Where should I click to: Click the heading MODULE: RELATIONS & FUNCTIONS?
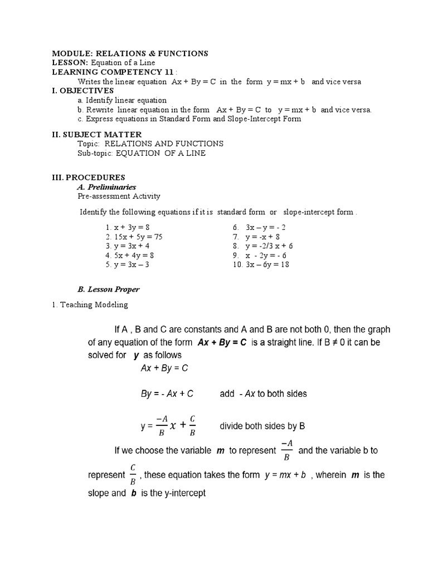pyautogui.click(x=130, y=53)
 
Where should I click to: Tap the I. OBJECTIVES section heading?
pyautogui.click(x=82, y=90)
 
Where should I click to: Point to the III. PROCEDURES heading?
pyautogui.click(x=88, y=178)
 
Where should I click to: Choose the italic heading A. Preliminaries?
pyautogui.click(x=107, y=187)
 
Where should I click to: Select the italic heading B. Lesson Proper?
pyautogui.click(x=109, y=289)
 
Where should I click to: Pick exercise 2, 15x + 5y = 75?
pyautogui.click(x=133, y=237)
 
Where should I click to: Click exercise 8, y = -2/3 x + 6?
pyautogui.click(x=263, y=246)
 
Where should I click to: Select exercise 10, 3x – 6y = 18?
pyautogui.click(x=261, y=264)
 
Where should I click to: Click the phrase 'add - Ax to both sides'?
pyautogui.click(x=264, y=394)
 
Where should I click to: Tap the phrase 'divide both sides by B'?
pyautogui.click(x=262, y=427)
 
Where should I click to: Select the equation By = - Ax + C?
pyautogui.click(x=167, y=394)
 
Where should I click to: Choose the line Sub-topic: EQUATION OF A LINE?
pyautogui.click(x=142, y=153)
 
